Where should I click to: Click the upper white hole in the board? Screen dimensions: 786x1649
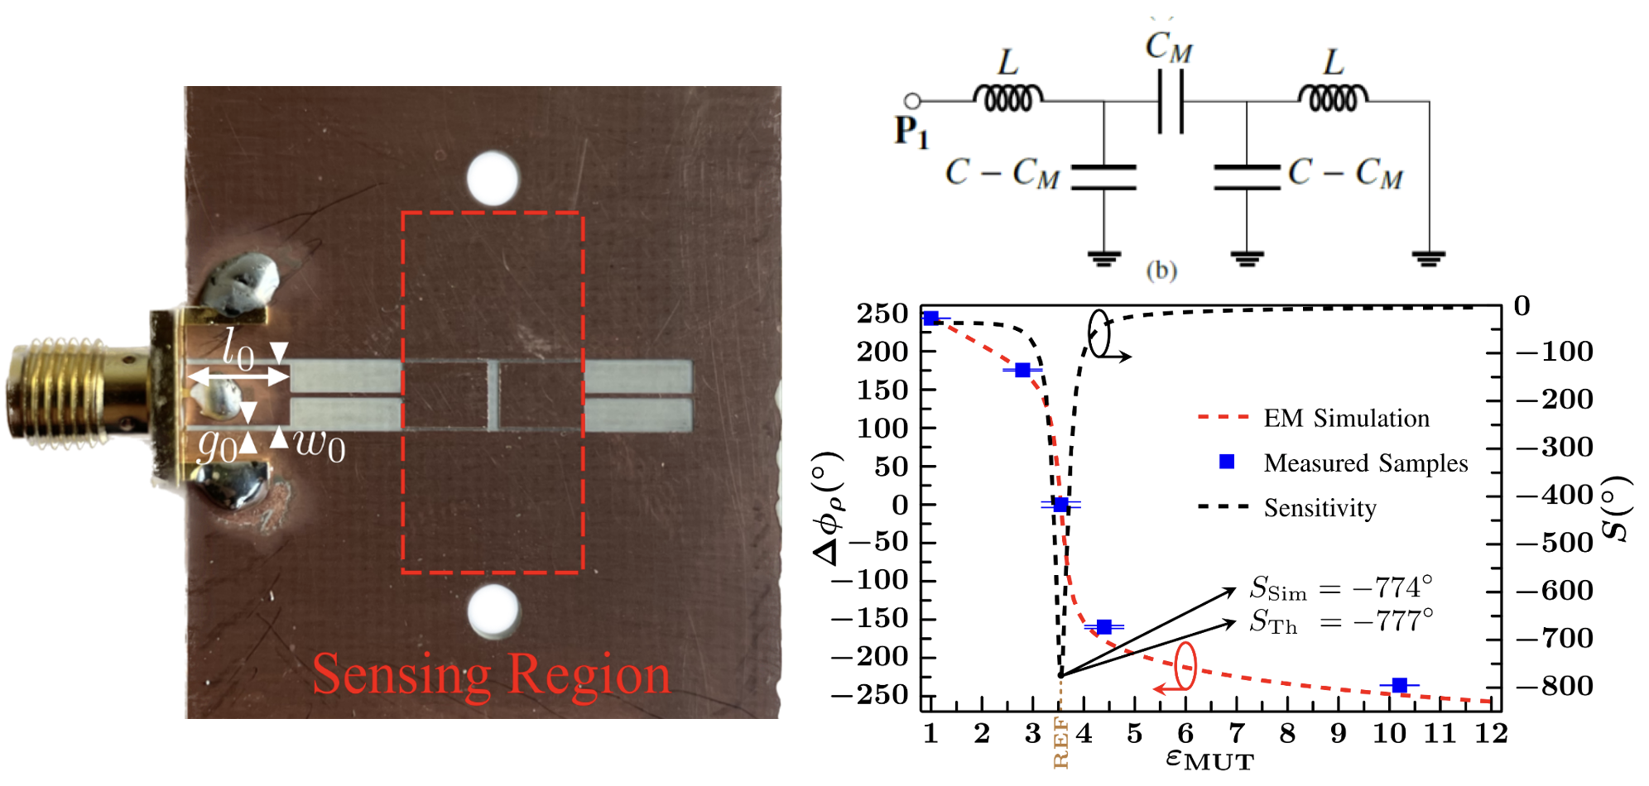coord(493,178)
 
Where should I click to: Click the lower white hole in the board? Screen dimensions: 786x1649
coord(493,611)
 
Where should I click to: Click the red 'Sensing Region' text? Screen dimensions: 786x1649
coord(491,674)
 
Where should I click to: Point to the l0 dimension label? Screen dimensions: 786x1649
coord(238,350)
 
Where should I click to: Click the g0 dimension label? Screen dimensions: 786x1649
coord(217,447)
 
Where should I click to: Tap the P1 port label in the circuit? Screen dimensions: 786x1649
coord(911,132)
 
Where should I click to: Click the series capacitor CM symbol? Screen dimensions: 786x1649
coord(1171,101)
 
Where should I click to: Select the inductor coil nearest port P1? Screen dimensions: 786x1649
coord(1007,98)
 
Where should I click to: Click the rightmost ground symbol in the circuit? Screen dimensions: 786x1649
coord(1429,258)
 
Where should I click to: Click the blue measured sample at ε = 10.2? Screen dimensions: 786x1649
coord(1399,685)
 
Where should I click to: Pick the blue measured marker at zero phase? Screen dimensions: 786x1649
coord(1060,505)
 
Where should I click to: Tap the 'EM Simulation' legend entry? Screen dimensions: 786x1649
coord(1346,419)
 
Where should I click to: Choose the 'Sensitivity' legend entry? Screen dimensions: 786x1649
coord(1320,508)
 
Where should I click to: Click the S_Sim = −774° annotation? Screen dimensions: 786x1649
coord(1341,588)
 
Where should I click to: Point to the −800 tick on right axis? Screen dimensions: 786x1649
coord(1554,686)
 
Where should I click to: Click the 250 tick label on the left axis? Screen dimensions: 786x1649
coord(882,314)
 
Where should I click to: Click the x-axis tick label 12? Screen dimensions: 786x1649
coord(1490,733)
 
